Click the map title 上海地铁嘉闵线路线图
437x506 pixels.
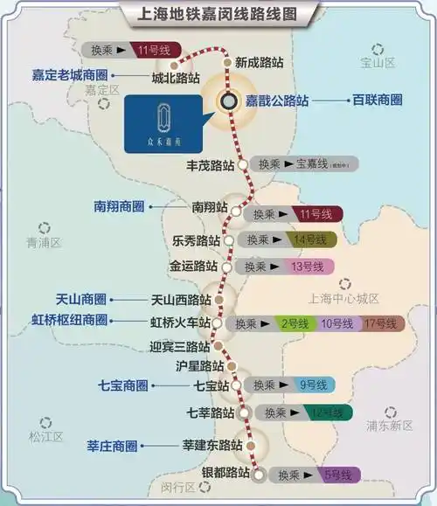coord(218,15)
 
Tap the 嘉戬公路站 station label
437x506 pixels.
coord(276,101)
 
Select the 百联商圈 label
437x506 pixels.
coord(372,101)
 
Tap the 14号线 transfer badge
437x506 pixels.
coord(309,239)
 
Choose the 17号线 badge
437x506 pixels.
coord(380,323)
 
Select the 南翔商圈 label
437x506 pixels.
coord(119,208)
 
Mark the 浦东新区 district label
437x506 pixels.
coord(390,426)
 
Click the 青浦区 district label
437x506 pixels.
coord(43,241)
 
